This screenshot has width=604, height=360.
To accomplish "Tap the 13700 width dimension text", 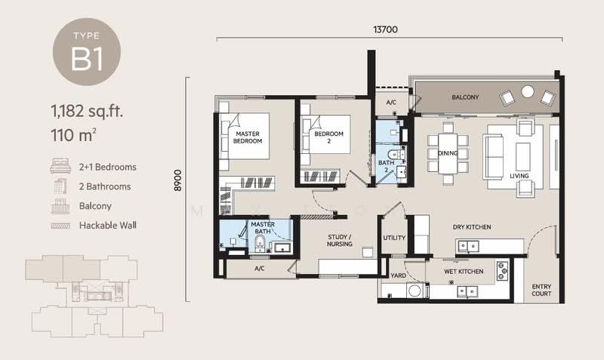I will tap(385, 29).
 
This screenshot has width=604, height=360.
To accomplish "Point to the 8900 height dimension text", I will tap(178, 184).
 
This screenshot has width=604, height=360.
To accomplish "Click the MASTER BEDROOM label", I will tap(247, 137).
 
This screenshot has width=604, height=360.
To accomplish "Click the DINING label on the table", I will tap(448, 153).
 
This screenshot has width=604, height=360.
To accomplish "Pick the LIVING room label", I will tap(519, 177).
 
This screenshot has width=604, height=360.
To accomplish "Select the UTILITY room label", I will tap(394, 238).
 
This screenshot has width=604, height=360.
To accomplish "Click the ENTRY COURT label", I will tap(541, 291).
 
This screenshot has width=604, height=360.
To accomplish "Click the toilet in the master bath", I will tap(259, 242).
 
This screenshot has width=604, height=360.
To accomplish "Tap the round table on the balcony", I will tap(528, 92).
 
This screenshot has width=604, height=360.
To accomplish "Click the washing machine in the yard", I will tap(414, 291).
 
